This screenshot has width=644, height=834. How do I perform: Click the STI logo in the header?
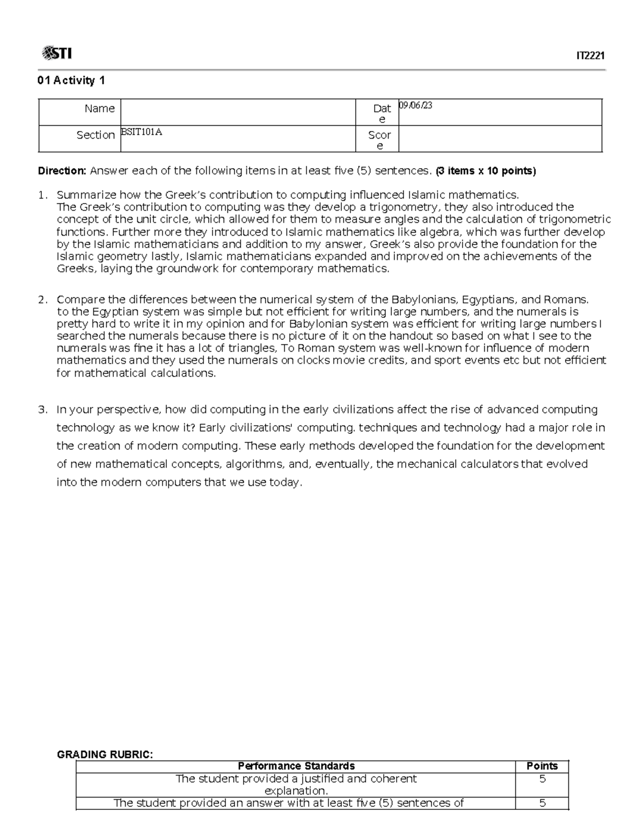[56, 53]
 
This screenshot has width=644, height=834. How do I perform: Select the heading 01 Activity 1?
[71, 81]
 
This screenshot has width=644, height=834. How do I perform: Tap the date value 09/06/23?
[415, 106]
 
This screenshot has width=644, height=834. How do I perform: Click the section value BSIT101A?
[141, 132]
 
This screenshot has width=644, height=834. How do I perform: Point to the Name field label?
[99, 108]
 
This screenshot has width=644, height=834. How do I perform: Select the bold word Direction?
[62, 171]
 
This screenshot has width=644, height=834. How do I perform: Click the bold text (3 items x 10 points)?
[485, 171]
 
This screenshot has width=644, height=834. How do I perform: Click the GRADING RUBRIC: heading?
[105, 755]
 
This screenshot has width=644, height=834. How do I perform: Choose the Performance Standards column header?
[296, 766]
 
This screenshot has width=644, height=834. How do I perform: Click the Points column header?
[542, 766]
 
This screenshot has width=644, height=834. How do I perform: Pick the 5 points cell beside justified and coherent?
[542, 779]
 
